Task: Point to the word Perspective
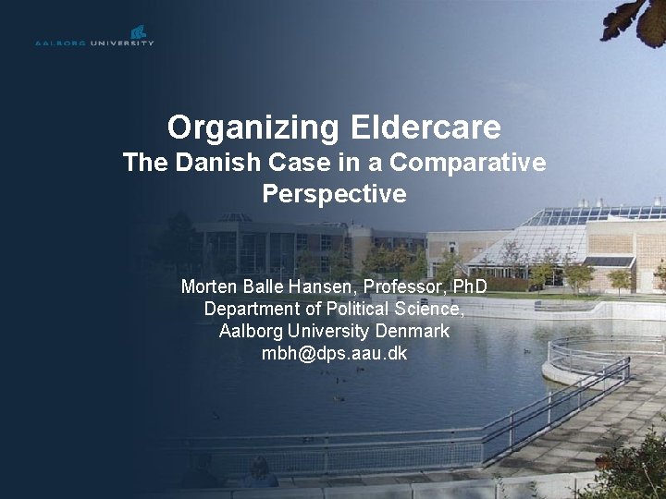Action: (334, 195)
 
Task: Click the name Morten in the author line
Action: (209, 286)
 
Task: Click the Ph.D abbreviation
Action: (465, 286)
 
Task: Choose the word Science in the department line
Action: (428, 308)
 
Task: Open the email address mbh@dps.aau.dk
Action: (334, 354)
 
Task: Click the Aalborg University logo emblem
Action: (139, 31)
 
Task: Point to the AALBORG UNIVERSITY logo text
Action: (94, 43)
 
